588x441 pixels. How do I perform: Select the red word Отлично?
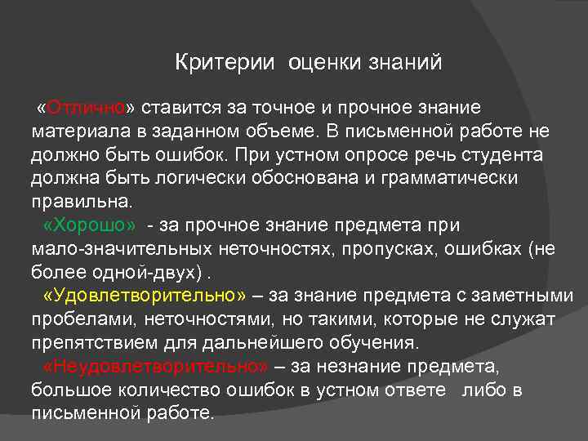(x=86, y=108)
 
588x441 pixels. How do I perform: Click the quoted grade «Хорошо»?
(x=90, y=225)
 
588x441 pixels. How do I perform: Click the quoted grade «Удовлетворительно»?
(x=147, y=295)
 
